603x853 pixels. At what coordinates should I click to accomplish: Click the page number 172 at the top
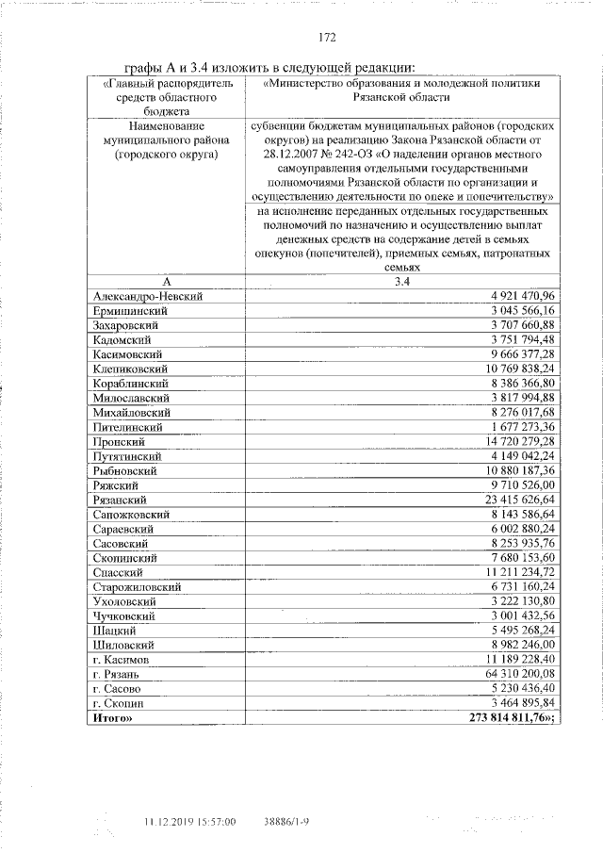tap(327, 38)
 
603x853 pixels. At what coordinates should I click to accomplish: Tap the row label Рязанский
tap(120, 500)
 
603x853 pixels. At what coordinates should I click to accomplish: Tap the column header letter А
tap(165, 282)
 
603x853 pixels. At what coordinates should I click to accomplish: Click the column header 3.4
tap(397, 282)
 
